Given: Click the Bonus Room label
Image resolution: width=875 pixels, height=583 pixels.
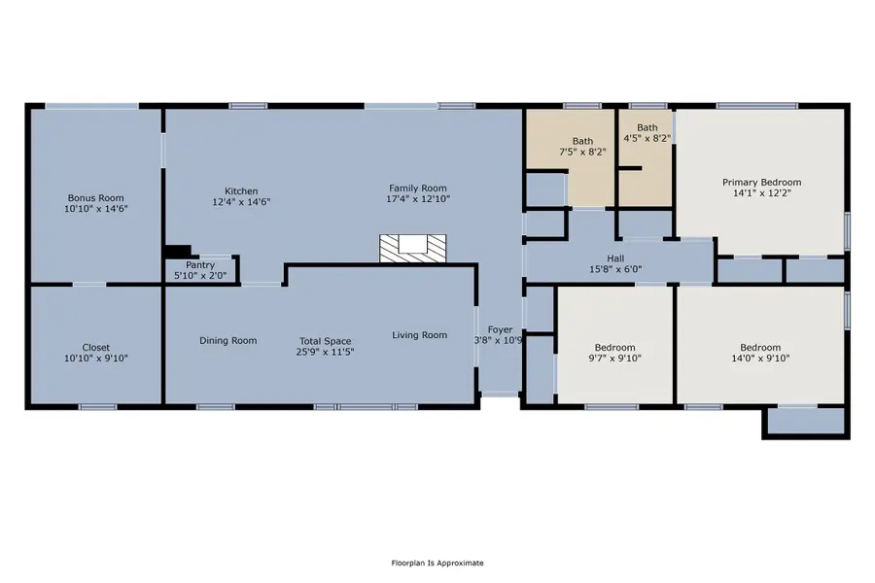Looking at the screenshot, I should (95, 197).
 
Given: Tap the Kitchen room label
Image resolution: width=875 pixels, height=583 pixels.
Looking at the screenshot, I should (241, 191).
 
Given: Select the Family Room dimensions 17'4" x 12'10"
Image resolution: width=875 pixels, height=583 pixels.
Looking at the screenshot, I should (417, 199).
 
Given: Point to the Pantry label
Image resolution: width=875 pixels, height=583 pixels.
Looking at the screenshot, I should (200, 264).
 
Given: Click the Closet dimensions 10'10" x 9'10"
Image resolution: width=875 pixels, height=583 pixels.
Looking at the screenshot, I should (95, 359).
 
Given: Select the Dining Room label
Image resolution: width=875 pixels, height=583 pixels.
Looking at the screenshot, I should (228, 340).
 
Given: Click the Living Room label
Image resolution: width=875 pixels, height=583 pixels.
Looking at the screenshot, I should (420, 335).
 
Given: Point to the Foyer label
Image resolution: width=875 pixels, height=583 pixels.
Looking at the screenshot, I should (500, 330).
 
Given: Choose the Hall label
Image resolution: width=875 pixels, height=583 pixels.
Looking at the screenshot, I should (616, 258).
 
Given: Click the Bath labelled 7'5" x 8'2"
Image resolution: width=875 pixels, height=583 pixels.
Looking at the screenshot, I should (582, 147).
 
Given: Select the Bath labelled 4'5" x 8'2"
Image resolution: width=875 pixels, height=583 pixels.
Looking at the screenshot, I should (647, 132).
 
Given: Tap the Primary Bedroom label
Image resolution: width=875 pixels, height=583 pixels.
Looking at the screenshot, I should (761, 182).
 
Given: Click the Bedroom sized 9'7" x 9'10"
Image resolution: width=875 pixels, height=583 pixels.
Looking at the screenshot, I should (614, 353).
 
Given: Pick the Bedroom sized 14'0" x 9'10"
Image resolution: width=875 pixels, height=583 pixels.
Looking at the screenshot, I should (759, 353).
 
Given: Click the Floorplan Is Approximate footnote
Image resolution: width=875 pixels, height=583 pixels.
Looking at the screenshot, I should (437, 563).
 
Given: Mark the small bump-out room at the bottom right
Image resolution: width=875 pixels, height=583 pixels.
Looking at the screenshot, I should (805, 422).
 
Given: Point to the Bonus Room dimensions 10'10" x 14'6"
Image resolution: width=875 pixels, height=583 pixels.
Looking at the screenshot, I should (95, 209).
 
